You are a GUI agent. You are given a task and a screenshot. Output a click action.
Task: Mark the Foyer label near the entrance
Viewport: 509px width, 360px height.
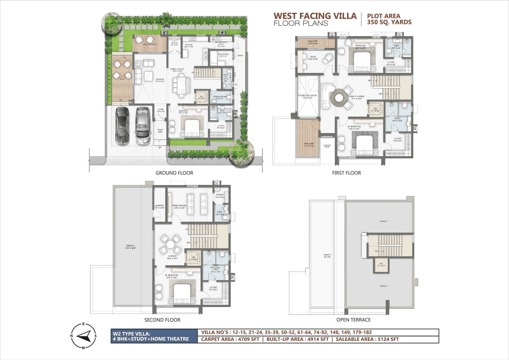pyautogui.click(x=160, y=110)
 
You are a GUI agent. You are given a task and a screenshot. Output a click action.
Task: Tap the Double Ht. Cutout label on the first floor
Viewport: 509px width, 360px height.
pyautogui.click(x=307, y=95)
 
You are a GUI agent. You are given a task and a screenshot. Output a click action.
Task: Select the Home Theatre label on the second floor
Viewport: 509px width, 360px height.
pyautogui.click(x=178, y=206)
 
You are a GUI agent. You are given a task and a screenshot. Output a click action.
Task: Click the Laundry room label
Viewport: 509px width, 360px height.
pyautogui.click(x=159, y=206)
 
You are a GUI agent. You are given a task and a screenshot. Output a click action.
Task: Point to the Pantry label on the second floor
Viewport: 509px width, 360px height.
pyautogui.click(x=220, y=195)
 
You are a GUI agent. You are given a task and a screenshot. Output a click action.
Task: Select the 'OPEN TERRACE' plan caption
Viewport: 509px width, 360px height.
pyautogui.click(x=354, y=320)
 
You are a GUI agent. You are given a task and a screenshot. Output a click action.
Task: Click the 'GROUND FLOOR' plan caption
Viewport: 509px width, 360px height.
pyautogui.click(x=174, y=173)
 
